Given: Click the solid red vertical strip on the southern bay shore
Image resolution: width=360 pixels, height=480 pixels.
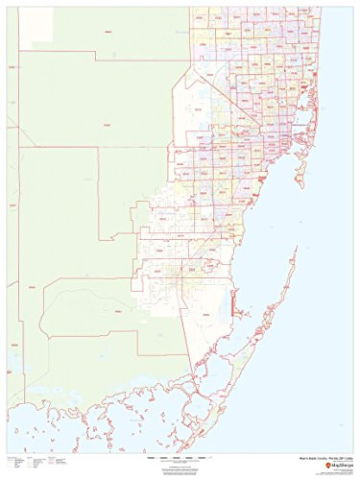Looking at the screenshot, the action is coord(233,305).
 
